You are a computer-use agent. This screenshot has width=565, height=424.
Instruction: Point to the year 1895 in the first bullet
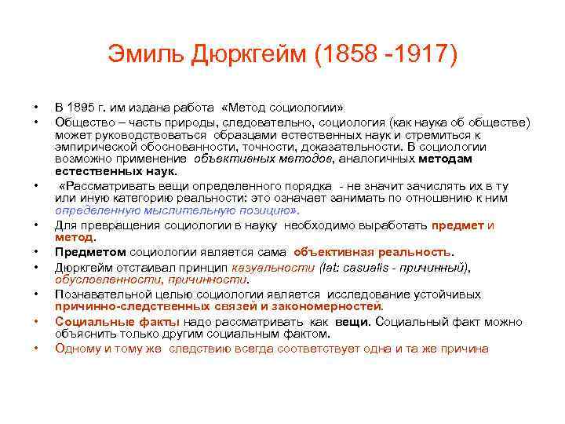[82, 108]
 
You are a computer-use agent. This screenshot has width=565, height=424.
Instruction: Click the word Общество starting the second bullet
[80, 122]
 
